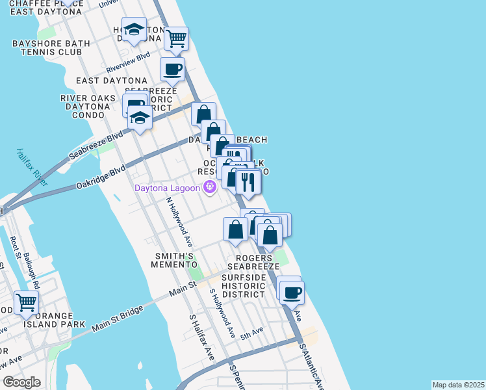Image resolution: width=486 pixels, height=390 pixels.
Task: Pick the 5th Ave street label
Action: pos(251,335)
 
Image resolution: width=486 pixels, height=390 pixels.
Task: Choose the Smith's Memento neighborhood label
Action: pos(173,260)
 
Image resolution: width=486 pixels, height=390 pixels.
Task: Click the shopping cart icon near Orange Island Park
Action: pos(26,302)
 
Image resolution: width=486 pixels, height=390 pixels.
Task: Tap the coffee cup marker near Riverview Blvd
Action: pos(173,69)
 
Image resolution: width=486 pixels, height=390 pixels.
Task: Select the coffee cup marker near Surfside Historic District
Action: pos(292,292)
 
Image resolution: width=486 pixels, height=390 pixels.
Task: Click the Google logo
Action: pos(22,382)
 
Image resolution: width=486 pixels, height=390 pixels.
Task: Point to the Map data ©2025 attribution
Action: pos(458,385)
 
